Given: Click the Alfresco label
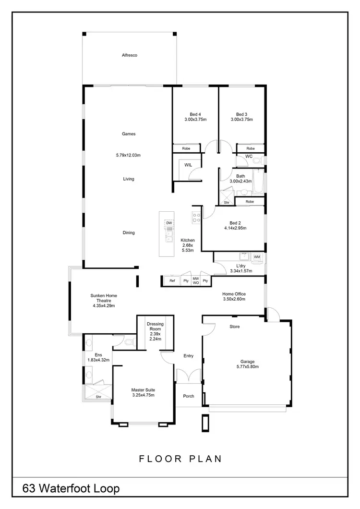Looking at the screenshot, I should point(130,56).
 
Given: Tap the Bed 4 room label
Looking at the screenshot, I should point(195,114).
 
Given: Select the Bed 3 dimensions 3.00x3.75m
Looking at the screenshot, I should point(241,120).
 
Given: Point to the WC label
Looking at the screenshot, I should point(249,157).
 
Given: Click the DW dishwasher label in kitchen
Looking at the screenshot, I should point(169,223).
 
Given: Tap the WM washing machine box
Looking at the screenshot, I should point(257,257).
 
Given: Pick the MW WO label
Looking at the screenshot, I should point(196,281).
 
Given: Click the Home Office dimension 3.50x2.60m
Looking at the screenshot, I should point(234,299).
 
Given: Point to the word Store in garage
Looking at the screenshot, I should point(234,327).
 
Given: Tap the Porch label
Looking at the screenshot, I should point(189,396).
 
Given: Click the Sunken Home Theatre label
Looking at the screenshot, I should point(104,298).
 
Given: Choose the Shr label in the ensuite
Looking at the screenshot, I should point(98,397).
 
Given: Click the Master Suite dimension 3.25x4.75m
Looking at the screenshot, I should point(143,395).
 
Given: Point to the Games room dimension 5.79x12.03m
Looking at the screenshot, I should point(128,155).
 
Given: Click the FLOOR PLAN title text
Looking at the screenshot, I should point(180,459).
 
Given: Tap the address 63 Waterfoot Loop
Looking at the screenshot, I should point(71,489).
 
